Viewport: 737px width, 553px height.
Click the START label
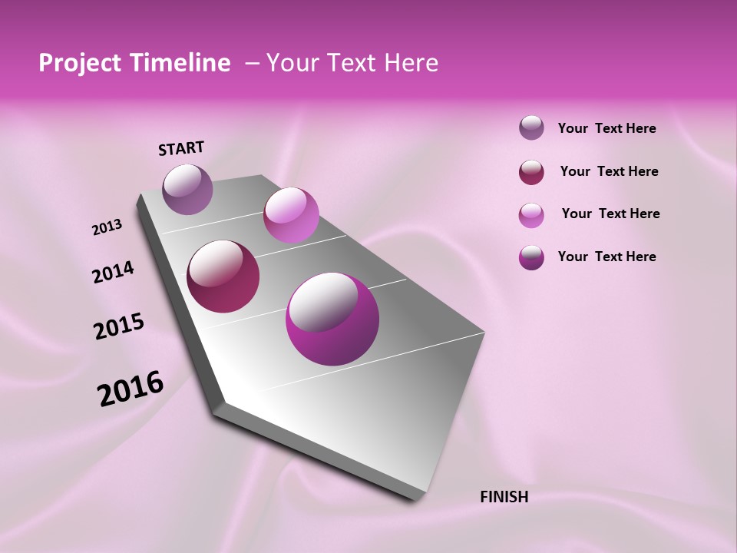pos(181,148)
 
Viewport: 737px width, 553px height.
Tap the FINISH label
pos(504,496)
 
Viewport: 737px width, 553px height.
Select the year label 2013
pos(107,227)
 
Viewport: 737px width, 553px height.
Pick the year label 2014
pos(113,272)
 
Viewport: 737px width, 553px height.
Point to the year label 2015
pos(118,326)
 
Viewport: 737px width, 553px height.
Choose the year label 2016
pos(131,389)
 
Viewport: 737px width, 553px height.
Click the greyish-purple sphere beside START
pos(188,189)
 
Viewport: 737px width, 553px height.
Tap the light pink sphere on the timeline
pos(291,215)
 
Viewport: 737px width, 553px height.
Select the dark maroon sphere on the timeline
pos(223,276)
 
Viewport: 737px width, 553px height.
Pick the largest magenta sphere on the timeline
pos(332,319)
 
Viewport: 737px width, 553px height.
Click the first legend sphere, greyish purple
pos(531,127)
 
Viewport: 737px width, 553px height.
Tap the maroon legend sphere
pos(531,171)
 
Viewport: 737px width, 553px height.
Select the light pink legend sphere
pos(531,214)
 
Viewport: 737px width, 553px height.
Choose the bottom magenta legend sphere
pos(531,257)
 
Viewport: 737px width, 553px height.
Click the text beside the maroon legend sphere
pos(609,171)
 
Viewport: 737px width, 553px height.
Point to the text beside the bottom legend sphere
pos(606,257)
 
